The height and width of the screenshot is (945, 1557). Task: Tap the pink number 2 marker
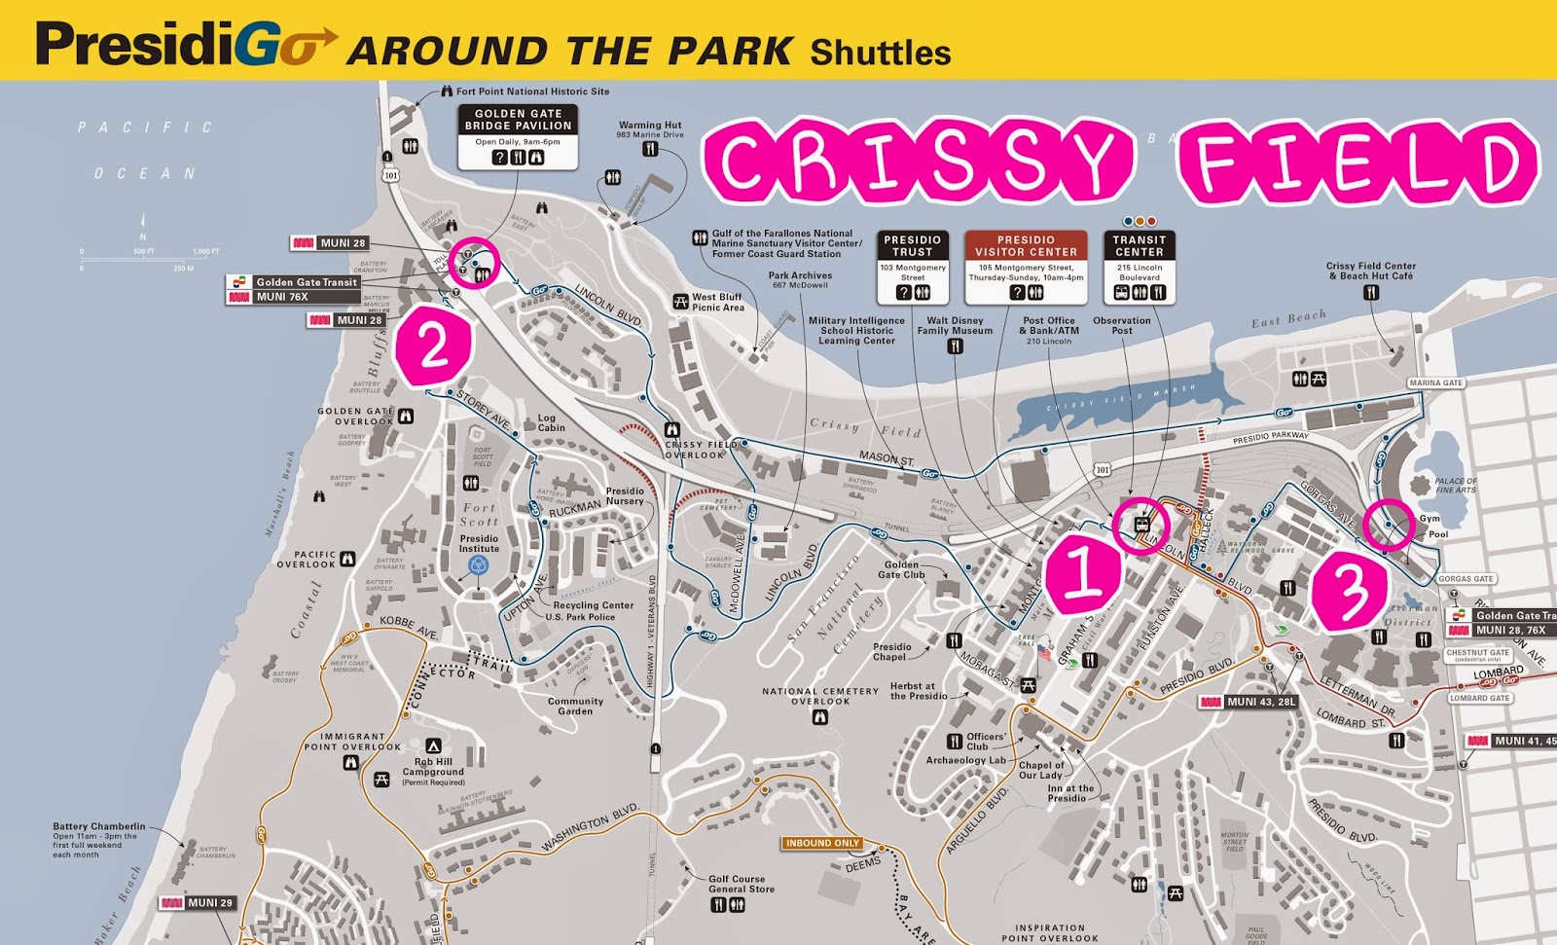coord(433,345)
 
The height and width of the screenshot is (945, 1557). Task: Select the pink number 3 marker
coord(1350,591)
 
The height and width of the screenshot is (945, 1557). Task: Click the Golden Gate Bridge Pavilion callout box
coord(518,136)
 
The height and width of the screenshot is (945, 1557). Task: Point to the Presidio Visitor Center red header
coord(1026,245)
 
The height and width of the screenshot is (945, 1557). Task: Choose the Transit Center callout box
coord(1139,267)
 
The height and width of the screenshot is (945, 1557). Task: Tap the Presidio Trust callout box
coord(912,267)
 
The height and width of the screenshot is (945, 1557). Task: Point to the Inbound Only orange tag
coord(822,843)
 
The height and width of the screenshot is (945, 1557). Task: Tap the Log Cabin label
coord(552,422)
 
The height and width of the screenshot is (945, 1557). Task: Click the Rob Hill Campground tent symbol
coord(433,745)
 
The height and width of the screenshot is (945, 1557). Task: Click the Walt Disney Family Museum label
coord(955,325)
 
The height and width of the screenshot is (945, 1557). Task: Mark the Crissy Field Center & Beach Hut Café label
coord(1370,271)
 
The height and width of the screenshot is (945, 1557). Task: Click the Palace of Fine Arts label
coord(1455,486)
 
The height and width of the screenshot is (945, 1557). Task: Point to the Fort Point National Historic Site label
coord(532,91)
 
